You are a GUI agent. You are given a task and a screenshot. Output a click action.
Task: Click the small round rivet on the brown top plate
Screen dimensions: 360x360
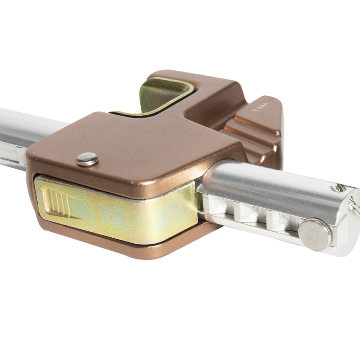87,159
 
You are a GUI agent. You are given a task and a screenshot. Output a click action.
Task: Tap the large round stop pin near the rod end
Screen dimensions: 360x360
315,234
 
